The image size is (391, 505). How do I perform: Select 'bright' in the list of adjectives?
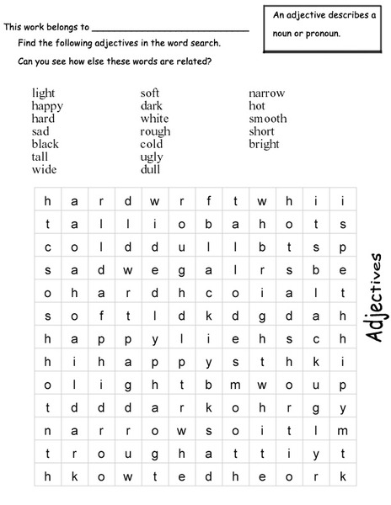point(264,144)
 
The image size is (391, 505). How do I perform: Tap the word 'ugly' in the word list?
point(152,157)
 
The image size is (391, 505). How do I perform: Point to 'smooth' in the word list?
point(267,119)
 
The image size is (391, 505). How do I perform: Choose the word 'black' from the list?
point(46,144)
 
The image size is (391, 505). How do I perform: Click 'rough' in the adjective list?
point(155,131)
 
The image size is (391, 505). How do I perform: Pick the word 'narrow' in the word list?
point(266,93)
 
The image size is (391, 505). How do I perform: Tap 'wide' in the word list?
point(44,169)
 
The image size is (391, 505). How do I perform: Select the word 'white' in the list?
point(154,119)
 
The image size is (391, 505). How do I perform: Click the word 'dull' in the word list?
point(150,169)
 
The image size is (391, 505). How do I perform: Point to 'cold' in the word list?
point(152,144)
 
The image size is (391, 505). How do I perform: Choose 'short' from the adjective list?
point(261,131)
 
